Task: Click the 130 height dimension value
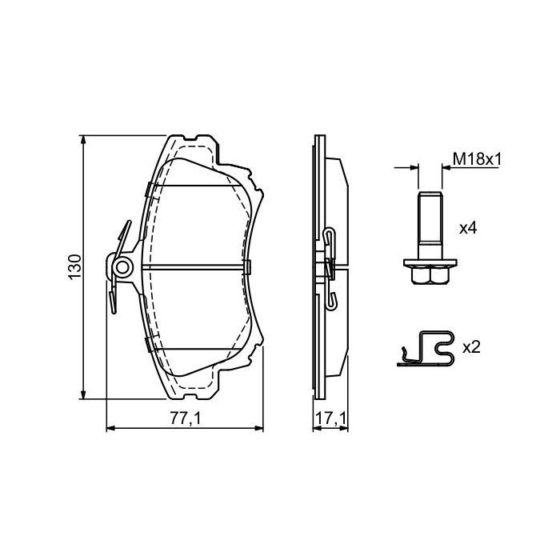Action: click(75, 266)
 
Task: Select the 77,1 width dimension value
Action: click(185, 418)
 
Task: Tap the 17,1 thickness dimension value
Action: click(330, 418)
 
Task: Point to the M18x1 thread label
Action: click(477, 159)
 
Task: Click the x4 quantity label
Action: click(468, 227)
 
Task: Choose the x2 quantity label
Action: click(471, 347)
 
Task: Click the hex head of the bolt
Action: click(430, 275)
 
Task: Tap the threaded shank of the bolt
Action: click(430, 225)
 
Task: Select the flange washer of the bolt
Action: click(430, 263)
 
